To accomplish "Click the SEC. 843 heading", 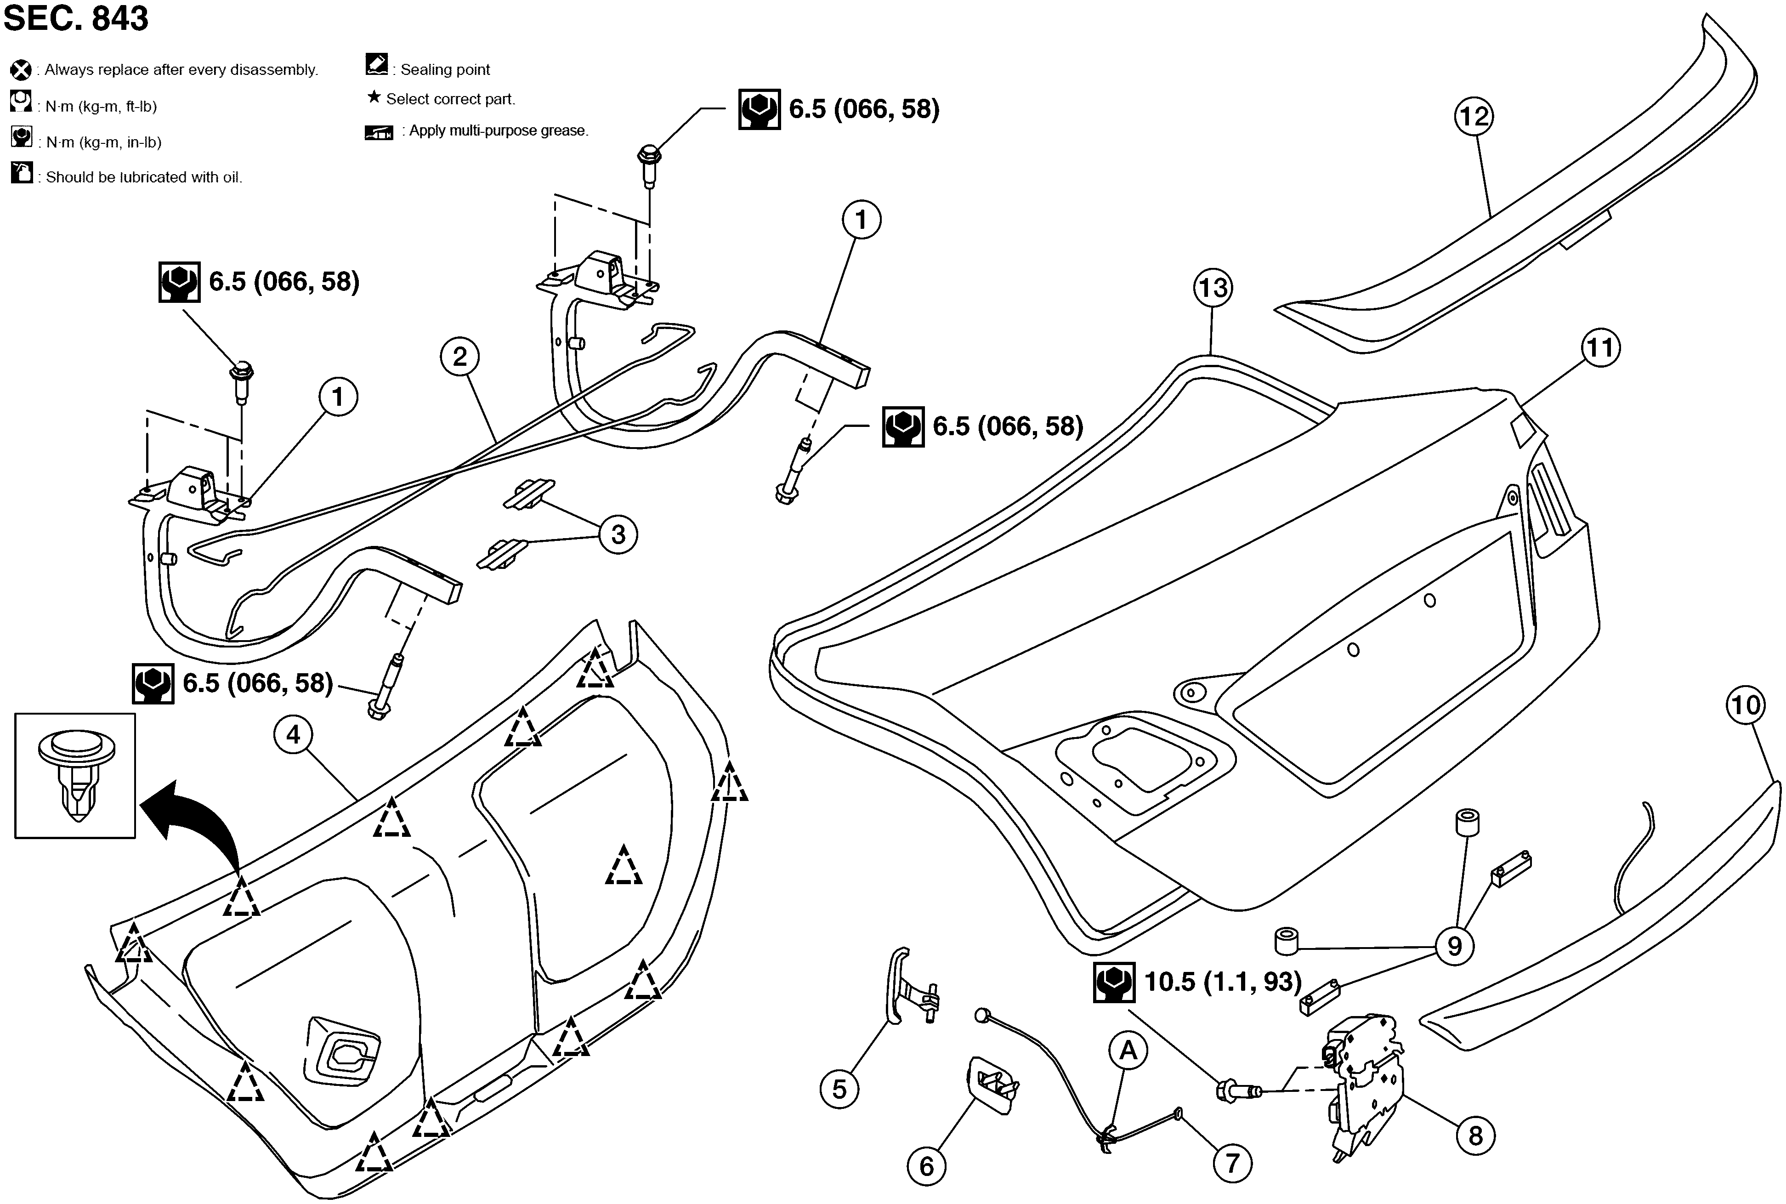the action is [x=75, y=18].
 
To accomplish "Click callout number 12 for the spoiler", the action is [x=1474, y=117].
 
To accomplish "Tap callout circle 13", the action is [x=1213, y=288].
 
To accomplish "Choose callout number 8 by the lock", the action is [x=1475, y=1136].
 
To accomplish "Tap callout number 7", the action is [x=1232, y=1163].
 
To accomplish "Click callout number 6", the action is [x=926, y=1166].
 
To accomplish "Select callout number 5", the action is [x=839, y=1089].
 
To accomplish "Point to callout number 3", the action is [x=618, y=534].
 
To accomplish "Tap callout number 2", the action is [x=460, y=357].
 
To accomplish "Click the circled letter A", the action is [x=1128, y=1051].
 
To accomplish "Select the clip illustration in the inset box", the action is [x=76, y=776].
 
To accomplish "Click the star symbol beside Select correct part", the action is [x=374, y=97].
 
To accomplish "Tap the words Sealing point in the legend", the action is [x=445, y=70].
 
